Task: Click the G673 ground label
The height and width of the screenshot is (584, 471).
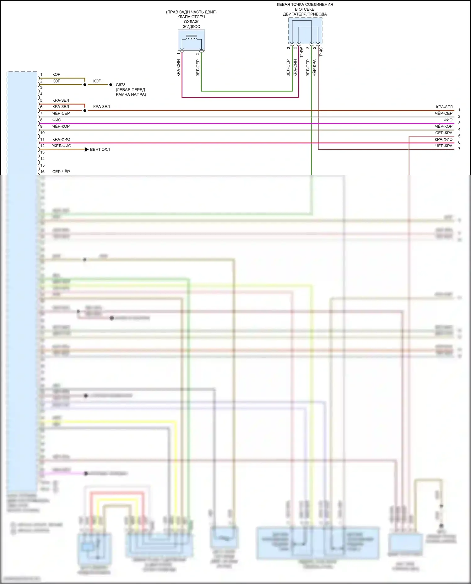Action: click(x=121, y=85)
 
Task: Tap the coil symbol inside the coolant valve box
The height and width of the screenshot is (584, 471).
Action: click(x=191, y=38)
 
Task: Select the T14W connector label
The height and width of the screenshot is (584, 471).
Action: click(x=301, y=52)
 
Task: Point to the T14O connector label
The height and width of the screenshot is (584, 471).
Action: click(x=321, y=51)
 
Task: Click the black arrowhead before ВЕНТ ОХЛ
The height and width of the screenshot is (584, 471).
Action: click(x=87, y=149)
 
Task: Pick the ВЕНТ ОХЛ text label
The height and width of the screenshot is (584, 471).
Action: click(x=100, y=149)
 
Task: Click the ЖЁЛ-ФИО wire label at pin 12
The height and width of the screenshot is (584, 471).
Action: click(x=62, y=146)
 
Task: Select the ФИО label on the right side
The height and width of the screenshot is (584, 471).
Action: click(x=448, y=120)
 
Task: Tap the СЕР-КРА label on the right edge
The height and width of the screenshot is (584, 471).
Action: click(x=444, y=133)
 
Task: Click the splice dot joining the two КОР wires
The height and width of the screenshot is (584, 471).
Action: click(x=85, y=85)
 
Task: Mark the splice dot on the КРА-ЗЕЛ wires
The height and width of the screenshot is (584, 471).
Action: click(x=85, y=110)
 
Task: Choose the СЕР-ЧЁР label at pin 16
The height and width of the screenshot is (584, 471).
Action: click(x=61, y=172)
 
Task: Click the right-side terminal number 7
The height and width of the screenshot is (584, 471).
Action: click(x=459, y=149)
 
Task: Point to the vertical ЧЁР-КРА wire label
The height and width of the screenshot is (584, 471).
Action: click(x=315, y=68)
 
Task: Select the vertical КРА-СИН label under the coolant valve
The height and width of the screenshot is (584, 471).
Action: click(x=178, y=68)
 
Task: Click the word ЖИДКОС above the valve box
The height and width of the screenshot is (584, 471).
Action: click(x=191, y=26)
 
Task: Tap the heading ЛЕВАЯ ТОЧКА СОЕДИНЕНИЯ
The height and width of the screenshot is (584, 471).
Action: click(x=305, y=4)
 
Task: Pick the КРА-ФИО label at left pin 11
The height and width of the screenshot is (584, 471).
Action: click(x=61, y=139)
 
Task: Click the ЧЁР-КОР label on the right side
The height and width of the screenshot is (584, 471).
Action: click(x=444, y=126)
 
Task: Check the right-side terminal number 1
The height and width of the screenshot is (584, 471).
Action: click(x=459, y=110)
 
